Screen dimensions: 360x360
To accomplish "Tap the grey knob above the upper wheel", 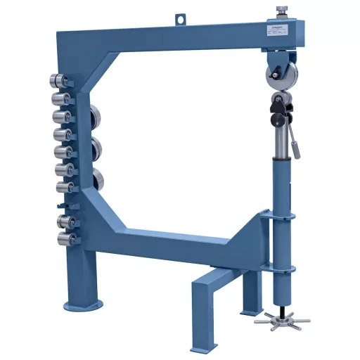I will coord(281,10).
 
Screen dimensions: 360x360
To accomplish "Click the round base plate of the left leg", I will coord(84,304).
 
